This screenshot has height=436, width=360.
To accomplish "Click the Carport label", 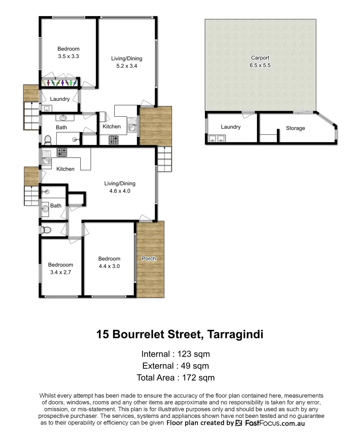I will [x=260, y=58].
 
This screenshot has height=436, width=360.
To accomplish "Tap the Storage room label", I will [x=295, y=128].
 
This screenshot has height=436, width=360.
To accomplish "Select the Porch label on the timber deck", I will [x=149, y=258].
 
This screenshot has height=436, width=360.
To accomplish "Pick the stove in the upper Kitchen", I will [x=114, y=140].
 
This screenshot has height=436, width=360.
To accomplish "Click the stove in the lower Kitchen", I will [x=62, y=152].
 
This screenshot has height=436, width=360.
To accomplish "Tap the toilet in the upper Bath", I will [x=48, y=140].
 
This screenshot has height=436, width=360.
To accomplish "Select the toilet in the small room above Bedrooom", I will [x=46, y=230].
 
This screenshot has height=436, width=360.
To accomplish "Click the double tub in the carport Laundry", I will [x=216, y=139].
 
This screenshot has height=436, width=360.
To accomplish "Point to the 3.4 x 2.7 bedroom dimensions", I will [x=61, y=272].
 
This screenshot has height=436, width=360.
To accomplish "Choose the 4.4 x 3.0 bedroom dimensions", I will [x=109, y=266].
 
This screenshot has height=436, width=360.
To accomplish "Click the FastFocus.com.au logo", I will [x=270, y=423].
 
